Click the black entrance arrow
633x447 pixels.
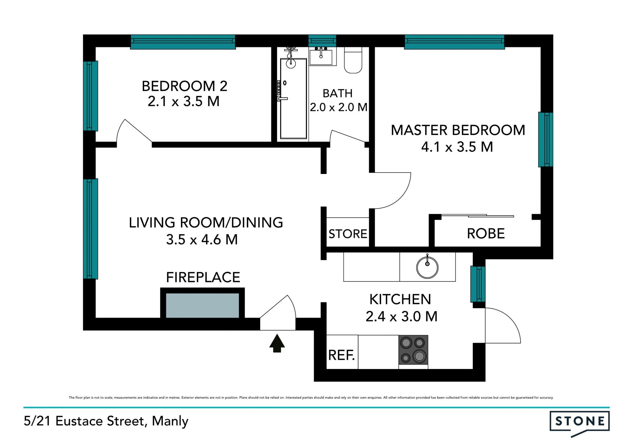point(277,343)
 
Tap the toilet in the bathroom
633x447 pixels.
point(353,60)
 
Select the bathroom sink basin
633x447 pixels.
point(321,57)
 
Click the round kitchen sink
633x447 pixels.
point(427,267)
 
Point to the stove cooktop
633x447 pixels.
point(413,350)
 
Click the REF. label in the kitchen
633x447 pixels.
point(342,355)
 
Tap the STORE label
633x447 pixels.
point(348,234)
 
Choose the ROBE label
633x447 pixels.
point(486,234)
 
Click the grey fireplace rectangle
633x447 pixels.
point(202,305)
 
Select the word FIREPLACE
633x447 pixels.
point(203,277)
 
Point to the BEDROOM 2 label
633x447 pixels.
point(185,86)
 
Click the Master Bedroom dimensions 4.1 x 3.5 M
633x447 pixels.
point(457,147)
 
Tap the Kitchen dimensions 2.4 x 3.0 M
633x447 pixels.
point(401,317)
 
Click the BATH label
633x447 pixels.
point(338,94)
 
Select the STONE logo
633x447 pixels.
point(580,423)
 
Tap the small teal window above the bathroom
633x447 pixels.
point(322,41)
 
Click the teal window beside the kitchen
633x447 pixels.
point(478,284)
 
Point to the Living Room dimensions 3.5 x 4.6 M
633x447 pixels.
point(202,240)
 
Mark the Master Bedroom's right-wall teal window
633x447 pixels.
point(546,140)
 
